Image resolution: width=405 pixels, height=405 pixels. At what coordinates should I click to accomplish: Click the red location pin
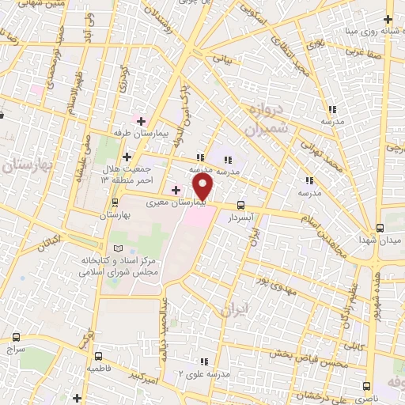[x=203, y=187]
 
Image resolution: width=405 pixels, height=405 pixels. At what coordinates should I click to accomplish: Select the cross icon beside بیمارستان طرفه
[x=141, y=121]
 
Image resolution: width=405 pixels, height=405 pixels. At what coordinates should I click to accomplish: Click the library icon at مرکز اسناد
[x=119, y=249]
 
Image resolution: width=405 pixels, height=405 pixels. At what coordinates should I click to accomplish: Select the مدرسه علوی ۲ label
[x=203, y=373]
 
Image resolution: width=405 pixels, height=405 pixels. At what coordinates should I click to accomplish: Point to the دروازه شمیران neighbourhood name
[x=263, y=120]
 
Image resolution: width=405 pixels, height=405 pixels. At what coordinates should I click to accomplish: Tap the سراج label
[x=16, y=349]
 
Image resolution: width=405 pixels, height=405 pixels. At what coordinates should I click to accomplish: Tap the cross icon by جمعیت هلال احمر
[x=127, y=156]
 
